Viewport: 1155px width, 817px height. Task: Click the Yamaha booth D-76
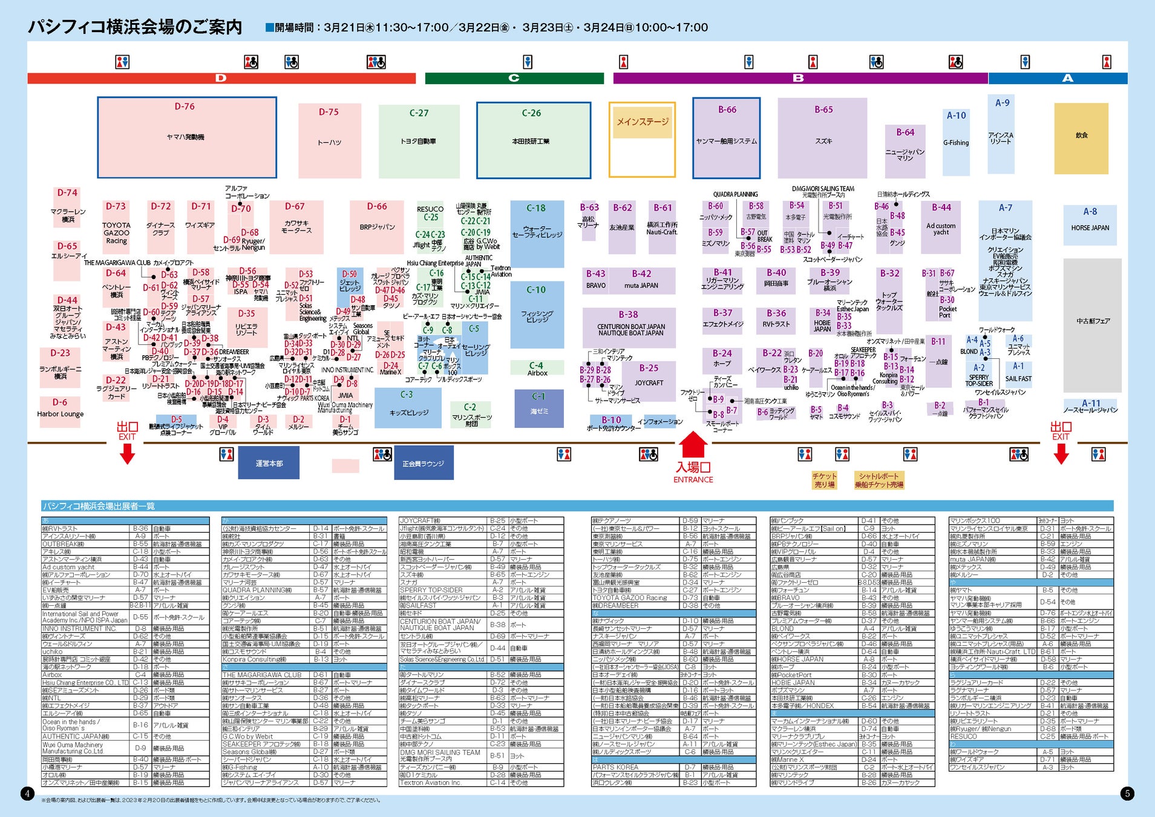coord(186,137)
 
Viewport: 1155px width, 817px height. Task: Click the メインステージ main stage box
coord(642,140)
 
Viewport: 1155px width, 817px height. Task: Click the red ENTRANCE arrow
coord(693,445)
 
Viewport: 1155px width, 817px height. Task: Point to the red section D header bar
coord(221,78)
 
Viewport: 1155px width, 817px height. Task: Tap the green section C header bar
coord(514,78)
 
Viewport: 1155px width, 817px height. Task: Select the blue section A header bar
coord(1067,78)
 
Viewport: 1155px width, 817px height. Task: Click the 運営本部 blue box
coord(269,463)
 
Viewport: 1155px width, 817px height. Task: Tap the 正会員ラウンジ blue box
coord(423,463)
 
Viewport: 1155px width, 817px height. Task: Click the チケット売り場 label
coord(824,480)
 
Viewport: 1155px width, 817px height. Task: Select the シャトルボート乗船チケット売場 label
coord(879,480)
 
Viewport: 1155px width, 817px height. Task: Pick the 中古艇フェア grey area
coord(1092,321)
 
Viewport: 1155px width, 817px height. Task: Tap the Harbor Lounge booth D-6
coord(60,409)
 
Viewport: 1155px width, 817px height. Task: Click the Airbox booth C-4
coord(537,369)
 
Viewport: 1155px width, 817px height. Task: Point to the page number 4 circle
coord(27,793)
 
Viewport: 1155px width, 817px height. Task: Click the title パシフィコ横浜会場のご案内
coord(135,27)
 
